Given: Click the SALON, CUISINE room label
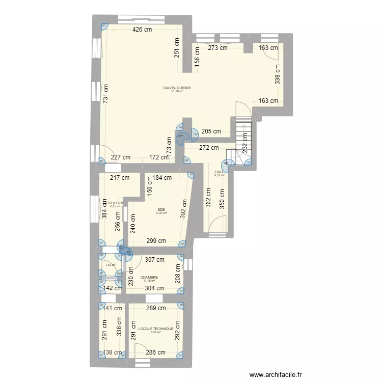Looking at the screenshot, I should coord(177,88).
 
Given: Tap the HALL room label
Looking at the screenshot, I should coord(219,172).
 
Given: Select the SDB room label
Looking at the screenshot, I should coord(161,209).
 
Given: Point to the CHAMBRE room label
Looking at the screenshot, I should coord(150,278).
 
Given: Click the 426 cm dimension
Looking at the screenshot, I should coord(142,30).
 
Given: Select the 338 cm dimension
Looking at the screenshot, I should coord(277,72).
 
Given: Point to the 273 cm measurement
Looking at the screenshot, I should coord(217,48).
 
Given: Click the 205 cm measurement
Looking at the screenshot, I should coord(211,131).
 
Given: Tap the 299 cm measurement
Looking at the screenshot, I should coord(156,241).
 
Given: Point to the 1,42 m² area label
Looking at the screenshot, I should coord(110,264).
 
